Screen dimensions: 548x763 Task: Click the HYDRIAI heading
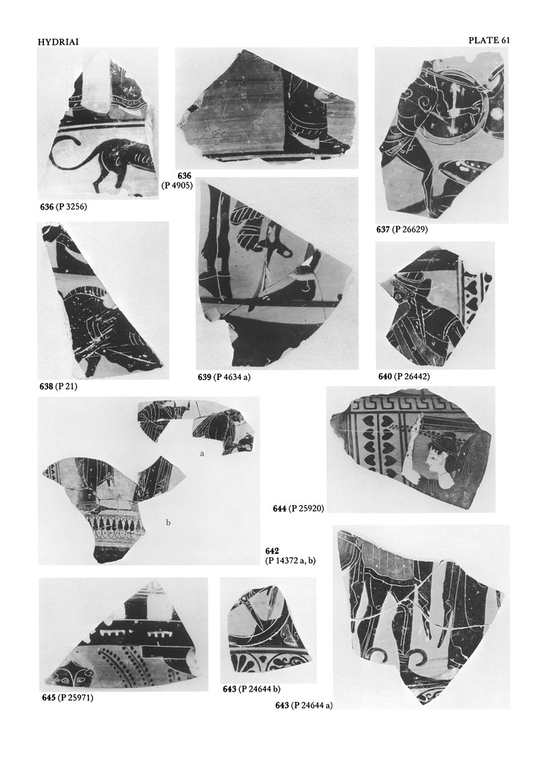click(x=58, y=42)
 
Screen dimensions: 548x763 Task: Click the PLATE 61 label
click(x=489, y=41)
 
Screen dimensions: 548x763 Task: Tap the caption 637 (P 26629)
click(x=404, y=229)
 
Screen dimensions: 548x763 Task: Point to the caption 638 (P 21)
click(x=58, y=387)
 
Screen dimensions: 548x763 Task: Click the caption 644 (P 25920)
click(x=299, y=509)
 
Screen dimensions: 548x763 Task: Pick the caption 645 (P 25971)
click(x=68, y=698)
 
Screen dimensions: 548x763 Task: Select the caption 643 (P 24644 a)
click(x=304, y=706)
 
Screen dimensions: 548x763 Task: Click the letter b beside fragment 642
click(x=168, y=523)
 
